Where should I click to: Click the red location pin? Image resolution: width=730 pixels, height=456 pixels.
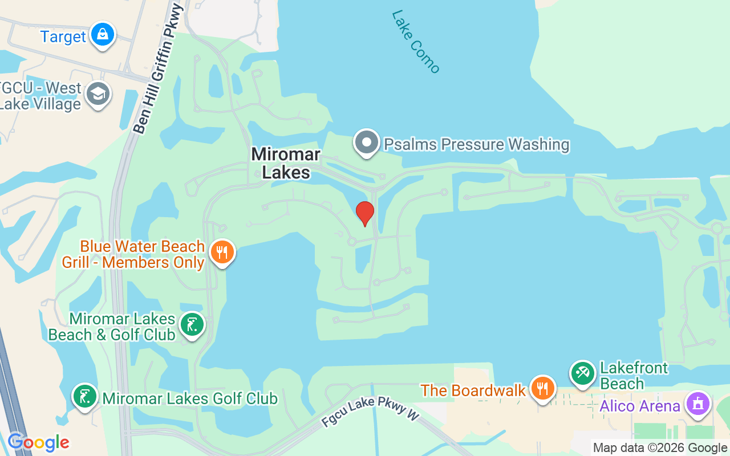(364, 213)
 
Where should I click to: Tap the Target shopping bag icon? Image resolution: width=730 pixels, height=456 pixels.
(103, 35)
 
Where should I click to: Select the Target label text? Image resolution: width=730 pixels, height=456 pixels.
(63, 37)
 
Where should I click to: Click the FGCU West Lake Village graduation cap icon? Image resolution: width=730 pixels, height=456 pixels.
(98, 95)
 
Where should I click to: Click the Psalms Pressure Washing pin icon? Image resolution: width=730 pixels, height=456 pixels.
(367, 142)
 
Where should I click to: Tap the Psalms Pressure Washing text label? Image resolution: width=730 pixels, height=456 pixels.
(476, 144)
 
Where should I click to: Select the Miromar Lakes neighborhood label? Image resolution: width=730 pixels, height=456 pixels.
(286, 163)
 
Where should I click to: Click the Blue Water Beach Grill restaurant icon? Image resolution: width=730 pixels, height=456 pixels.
(222, 251)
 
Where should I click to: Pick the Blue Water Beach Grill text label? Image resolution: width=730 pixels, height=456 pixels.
(142, 254)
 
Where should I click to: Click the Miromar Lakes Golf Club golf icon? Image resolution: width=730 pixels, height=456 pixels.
(85, 396)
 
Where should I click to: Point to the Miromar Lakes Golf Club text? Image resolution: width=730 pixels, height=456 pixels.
(190, 398)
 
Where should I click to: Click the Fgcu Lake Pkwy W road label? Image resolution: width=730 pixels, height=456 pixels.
(370, 412)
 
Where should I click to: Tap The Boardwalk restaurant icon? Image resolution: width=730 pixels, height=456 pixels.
(542, 388)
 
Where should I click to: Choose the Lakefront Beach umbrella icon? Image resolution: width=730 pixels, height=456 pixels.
(582, 373)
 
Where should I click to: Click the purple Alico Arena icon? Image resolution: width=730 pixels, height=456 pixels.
(697, 404)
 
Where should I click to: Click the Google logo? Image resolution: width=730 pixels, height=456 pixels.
(38, 442)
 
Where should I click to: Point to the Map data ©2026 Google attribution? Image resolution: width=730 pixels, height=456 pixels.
(660, 448)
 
